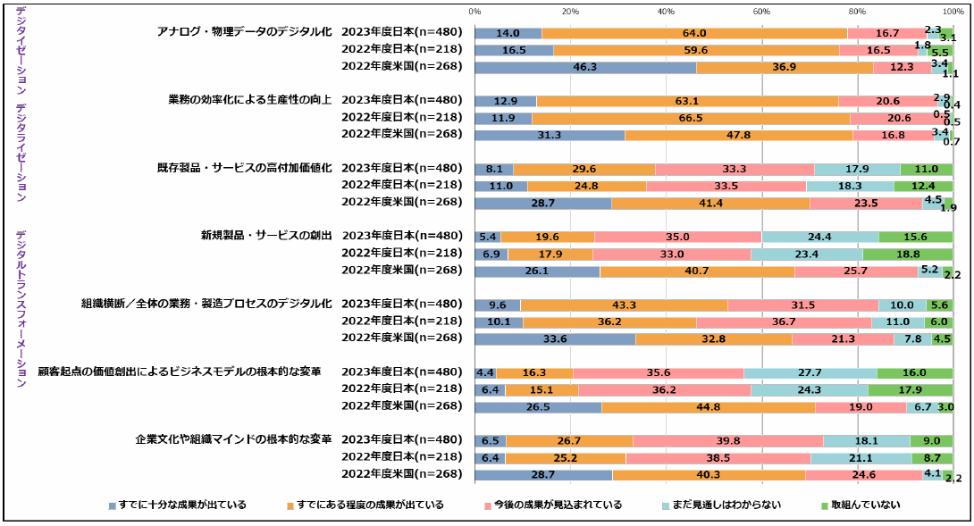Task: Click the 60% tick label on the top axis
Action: click(x=761, y=11)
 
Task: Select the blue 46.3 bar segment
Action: click(x=584, y=67)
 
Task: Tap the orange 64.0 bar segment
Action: click(x=693, y=33)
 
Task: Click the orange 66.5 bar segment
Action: click(x=690, y=118)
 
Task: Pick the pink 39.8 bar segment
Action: click(x=727, y=440)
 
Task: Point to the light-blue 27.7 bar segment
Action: click(x=810, y=372)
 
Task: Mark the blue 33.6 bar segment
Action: click(x=554, y=338)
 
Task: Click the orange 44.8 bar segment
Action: click(x=708, y=407)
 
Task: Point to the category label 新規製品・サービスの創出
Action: click(x=266, y=236)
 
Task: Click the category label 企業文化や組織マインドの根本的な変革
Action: click(x=234, y=439)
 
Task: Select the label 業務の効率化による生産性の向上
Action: click(x=250, y=99)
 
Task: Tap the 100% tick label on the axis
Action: click(x=952, y=11)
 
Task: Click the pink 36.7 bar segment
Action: click(x=784, y=321)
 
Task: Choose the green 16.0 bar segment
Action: click(x=914, y=372)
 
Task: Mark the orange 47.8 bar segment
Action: click(x=738, y=135)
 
